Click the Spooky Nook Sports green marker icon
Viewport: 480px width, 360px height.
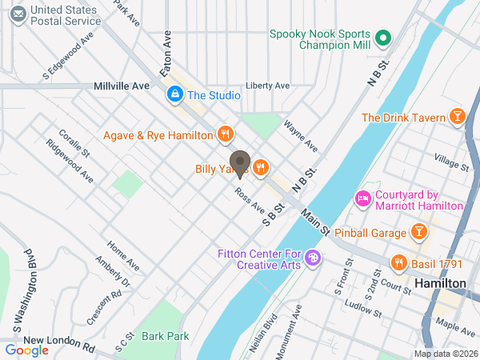point(382,37)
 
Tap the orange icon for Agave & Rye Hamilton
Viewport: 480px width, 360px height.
point(226,134)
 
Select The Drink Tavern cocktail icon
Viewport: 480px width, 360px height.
point(458,118)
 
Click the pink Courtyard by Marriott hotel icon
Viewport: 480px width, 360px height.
point(362,198)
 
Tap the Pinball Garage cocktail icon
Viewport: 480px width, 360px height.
point(418,232)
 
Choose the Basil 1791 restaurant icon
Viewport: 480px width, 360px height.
point(398,262)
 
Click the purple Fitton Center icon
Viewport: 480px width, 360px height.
point(313,258)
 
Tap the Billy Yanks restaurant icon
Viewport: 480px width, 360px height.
point(260,168)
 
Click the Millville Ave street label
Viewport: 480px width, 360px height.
point(122,85)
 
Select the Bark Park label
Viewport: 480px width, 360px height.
point(166,336)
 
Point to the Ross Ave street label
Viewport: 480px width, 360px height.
point(250,201)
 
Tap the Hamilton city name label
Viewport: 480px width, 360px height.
point(440,284)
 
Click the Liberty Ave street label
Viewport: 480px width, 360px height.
point(268,86)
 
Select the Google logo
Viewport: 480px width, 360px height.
point(26,350)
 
